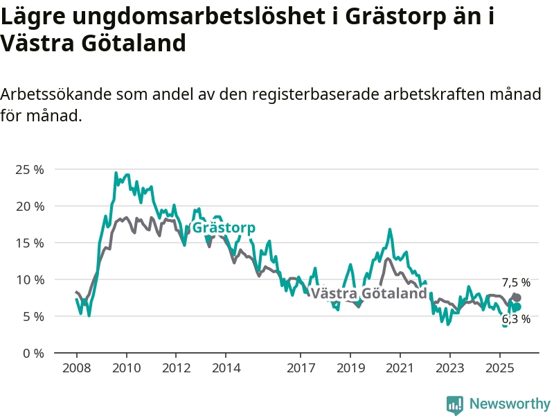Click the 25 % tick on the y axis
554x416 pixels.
coord(29,169)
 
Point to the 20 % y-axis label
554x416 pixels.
coord(29,206)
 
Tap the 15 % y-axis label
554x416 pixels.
coord(29,243)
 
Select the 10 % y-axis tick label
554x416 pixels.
coord(29,279)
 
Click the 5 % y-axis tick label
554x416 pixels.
coord(32,316)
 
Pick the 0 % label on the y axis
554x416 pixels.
coord(32,353)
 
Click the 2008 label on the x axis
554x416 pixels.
coord(76,367)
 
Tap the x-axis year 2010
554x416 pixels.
coord(126,367)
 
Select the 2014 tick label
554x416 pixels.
coord(226,367)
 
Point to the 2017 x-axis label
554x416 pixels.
coord(301,367)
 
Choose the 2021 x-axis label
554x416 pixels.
coord(400,367)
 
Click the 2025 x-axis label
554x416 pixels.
coord(500,367)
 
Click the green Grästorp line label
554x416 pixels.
coord(223,228)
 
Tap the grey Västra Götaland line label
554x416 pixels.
coord(368,293)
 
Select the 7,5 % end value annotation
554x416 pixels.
coord(516,282)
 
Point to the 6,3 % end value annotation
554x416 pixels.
coord(516,319)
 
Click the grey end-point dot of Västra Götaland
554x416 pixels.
coord(517,297)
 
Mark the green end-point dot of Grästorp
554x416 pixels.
coord(517,306)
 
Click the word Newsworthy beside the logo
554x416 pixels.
coord(510,404)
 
